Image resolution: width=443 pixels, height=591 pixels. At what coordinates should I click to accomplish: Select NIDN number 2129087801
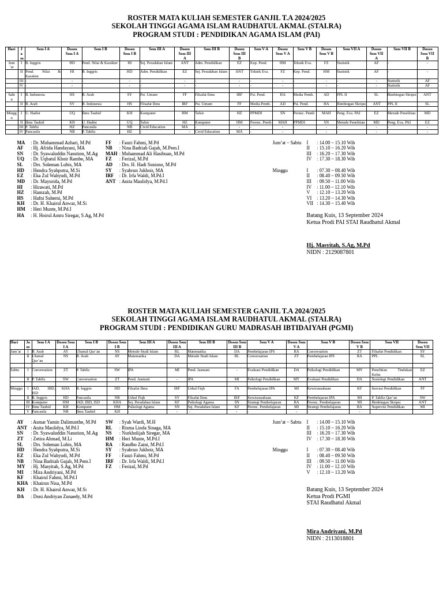pyautogui.click(x=330, y=252)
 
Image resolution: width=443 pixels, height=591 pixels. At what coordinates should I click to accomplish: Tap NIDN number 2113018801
pyautogui.click(x=330, y=538)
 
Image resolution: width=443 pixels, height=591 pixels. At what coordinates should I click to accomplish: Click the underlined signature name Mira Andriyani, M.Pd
pyautogui.click(x=334, y=532)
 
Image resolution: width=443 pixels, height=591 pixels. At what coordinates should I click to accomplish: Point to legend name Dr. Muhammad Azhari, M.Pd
pyautogui.click(x=62, y=143)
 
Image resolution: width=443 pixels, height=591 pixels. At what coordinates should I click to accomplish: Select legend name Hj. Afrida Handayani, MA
pyautogui.click(x=59, y=148)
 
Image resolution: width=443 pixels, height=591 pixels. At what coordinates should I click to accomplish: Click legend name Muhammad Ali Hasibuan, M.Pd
pyautogui.click(x=153, y=154)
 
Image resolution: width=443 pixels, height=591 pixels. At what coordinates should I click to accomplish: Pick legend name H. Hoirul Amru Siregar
pyautogui.click(x=68, y=216)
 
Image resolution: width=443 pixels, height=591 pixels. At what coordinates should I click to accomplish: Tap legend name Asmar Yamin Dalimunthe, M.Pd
pyautogui.click(x=65, y=422)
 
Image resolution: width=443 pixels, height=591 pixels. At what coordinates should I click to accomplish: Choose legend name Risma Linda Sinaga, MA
pyautogui.click(x=146, y=428)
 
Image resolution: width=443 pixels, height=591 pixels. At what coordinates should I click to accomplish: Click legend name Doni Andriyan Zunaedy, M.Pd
pyautogui.click(x=62, y=497)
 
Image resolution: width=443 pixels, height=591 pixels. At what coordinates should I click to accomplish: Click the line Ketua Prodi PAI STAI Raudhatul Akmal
pyautogui.click(x=353, y=222)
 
